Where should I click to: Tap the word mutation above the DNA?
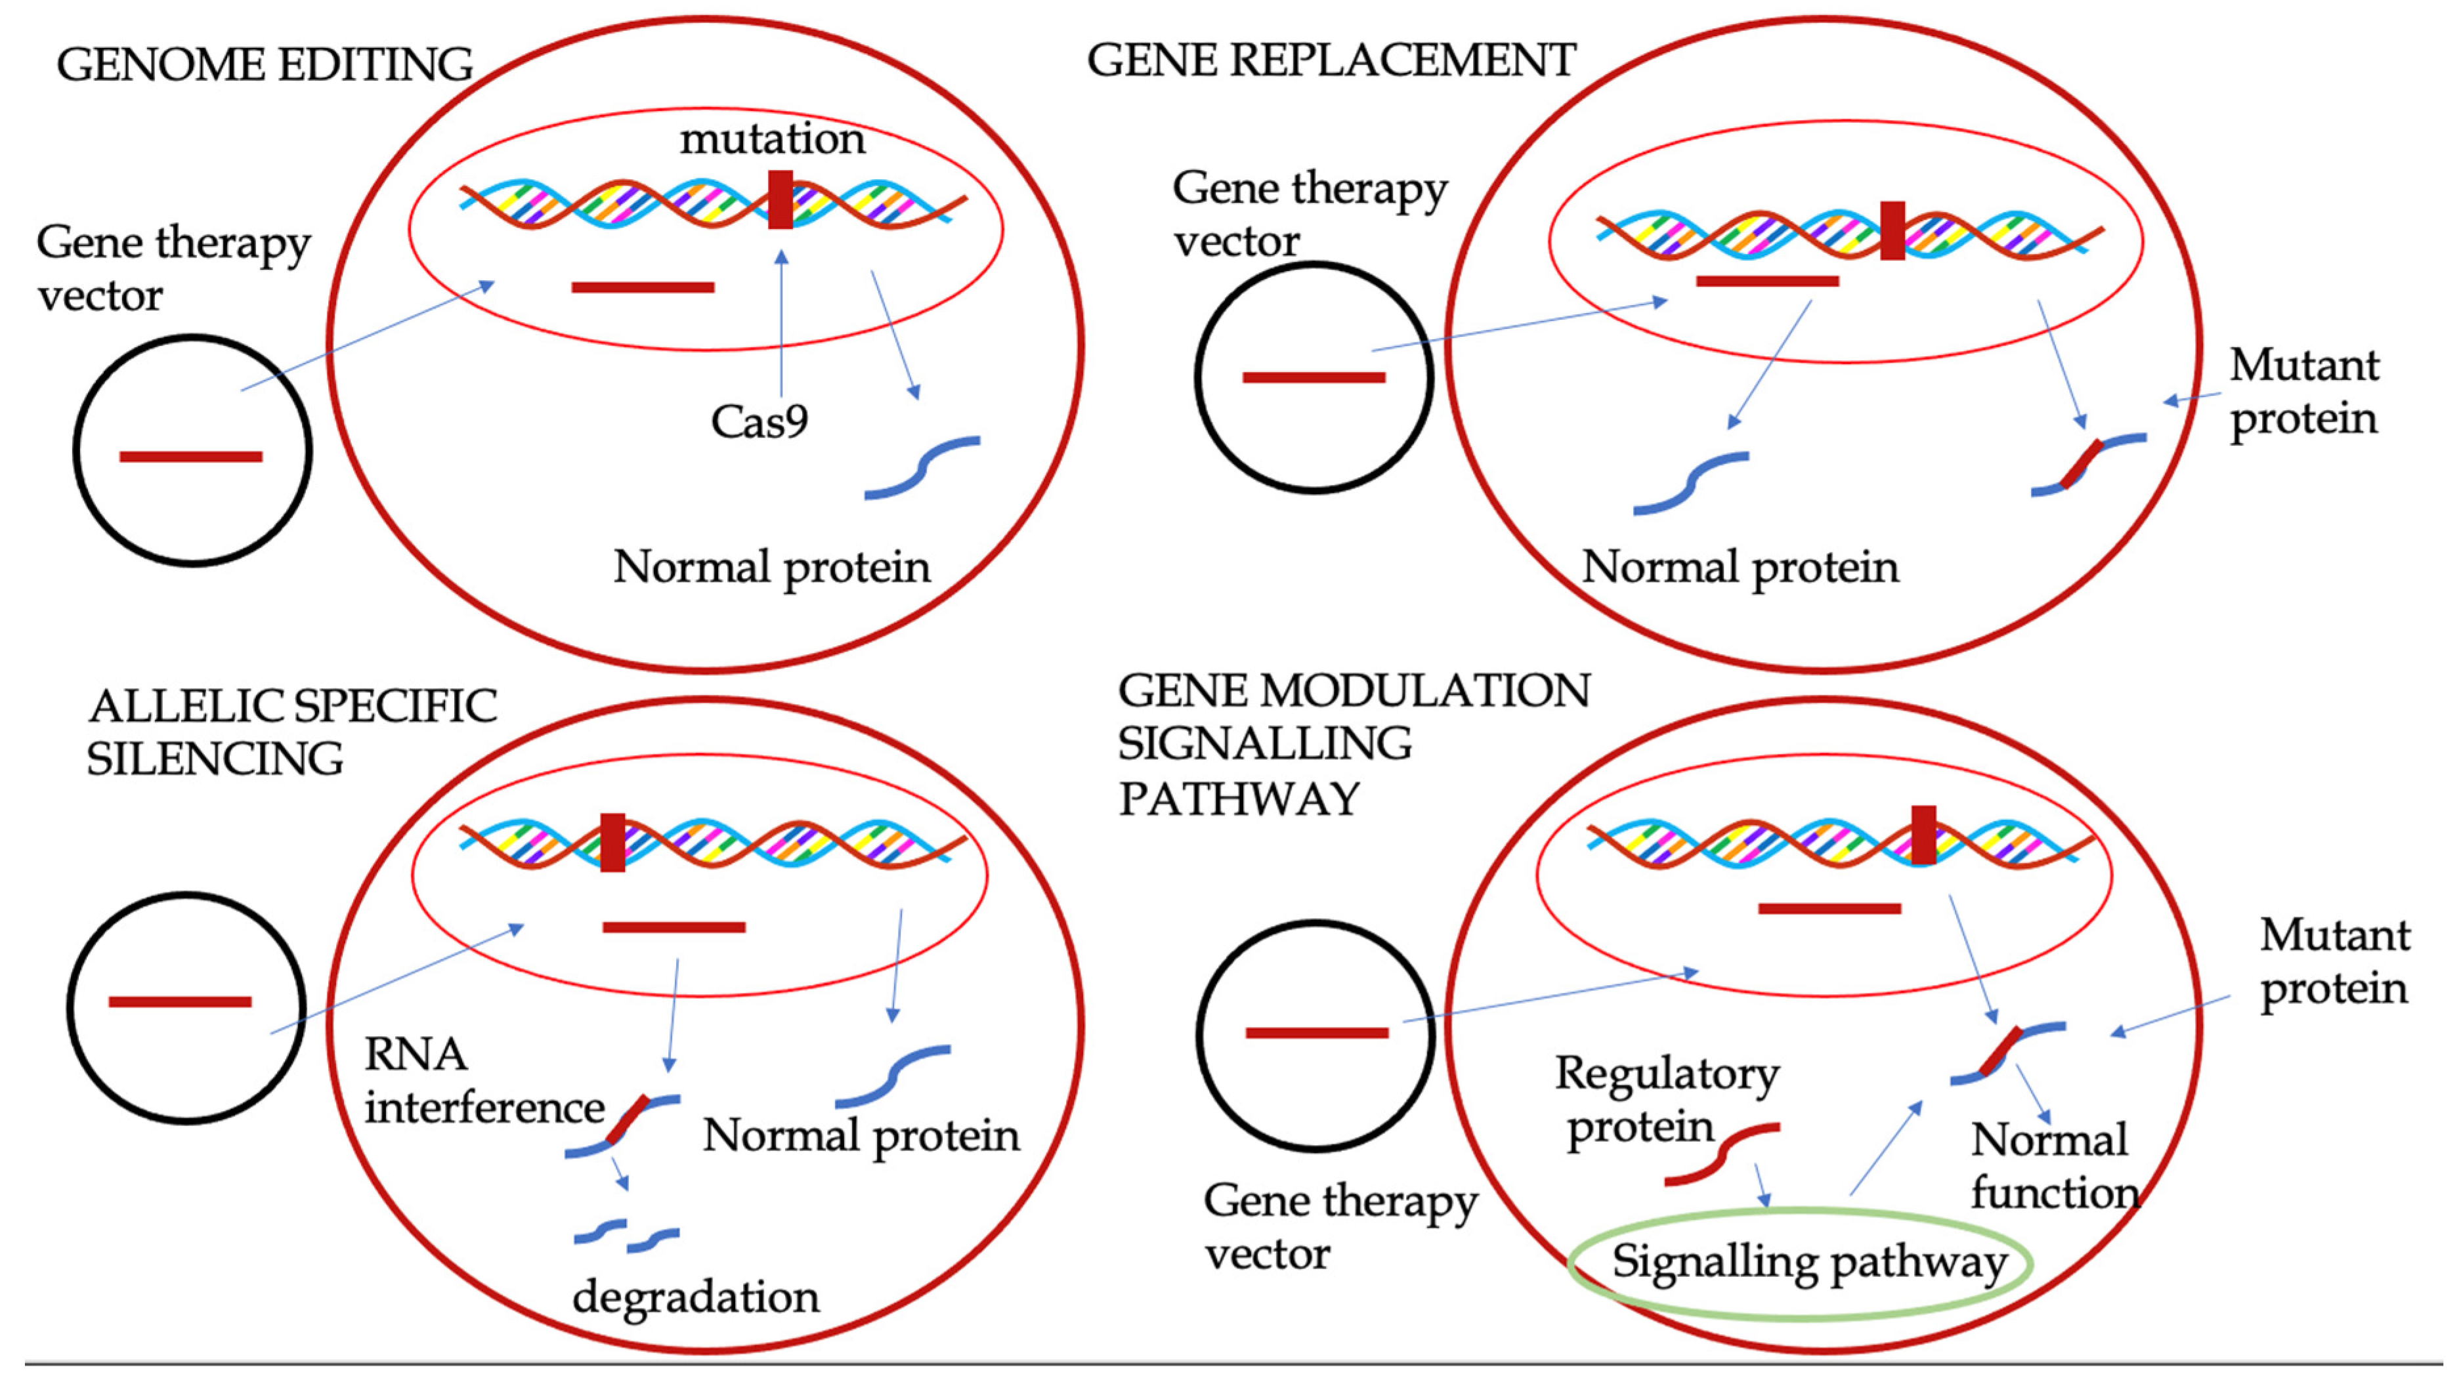[x=771, y=139]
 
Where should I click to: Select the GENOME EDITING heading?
[x=265, y=65]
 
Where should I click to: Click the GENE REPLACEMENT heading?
[x=1331, y=60]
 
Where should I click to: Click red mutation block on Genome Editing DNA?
[x=780, y=199]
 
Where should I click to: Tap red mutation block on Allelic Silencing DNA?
[x=612, y=842]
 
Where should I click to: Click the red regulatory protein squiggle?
[x=1721, y=1153]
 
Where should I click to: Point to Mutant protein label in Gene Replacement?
[x=2303, y=391]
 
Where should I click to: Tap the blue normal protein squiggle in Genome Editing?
[x=921, y=468]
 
